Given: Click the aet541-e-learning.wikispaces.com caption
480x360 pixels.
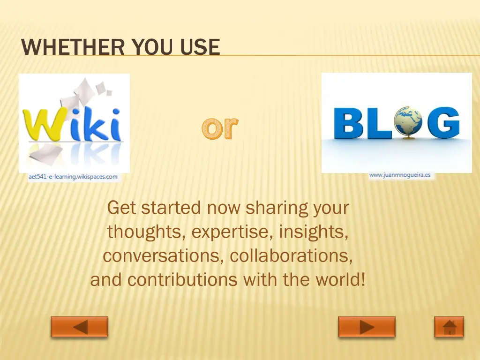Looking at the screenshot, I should [x=73, y=177].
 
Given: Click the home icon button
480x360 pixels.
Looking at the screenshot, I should [x=449, y=327].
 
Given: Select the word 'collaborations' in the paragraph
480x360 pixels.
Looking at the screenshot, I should [x=291, y=256].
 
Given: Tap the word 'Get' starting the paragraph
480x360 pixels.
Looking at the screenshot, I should [x=121, y=207].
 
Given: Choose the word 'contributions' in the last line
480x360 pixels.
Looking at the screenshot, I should [x=183, y=280].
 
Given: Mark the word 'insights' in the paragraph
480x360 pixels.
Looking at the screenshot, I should [x=314, y=232].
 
